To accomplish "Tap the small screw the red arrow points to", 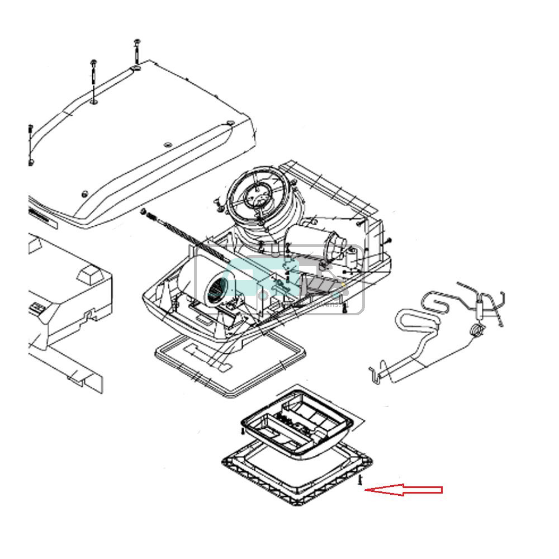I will [x=361, y=480].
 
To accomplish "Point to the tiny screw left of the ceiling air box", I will [x=242, y=432].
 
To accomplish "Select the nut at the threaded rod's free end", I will [x=143, y=212].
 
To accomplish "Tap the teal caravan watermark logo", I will [x=279, y=279].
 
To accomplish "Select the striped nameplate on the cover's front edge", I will [x=42, y=219].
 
